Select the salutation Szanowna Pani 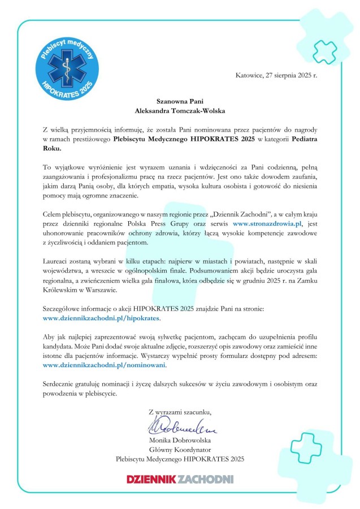pos(180,101)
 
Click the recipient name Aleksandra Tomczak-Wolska pos(180,111)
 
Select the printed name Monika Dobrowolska pos(179,439)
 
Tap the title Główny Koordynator pos(179,449)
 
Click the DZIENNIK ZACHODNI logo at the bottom pos(180,479)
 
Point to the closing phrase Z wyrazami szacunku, pos(179,411)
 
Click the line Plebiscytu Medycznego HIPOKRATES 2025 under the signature pos(179,459)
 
